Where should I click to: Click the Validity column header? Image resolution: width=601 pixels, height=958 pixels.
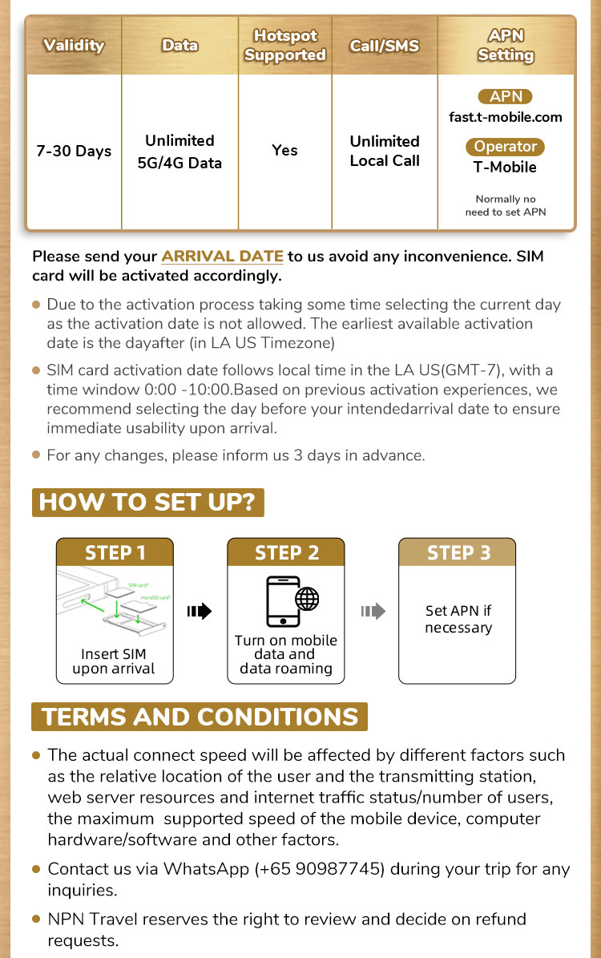pos(74,45)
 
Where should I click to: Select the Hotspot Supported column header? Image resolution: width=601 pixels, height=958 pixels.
pos(284,46)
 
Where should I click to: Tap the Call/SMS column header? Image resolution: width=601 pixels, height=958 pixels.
pos(385,46)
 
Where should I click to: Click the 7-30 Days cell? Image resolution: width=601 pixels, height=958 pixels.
pos(74,151)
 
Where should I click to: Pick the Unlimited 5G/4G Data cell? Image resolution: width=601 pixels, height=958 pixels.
pos(179,152)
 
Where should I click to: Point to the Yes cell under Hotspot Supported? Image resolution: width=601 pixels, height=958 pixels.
pos(284,151)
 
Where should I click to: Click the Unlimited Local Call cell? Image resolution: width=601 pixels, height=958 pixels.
pos(385,151)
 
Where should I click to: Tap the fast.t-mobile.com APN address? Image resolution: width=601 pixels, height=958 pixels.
pos(506,117)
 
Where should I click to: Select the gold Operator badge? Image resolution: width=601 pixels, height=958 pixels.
pos(505,147)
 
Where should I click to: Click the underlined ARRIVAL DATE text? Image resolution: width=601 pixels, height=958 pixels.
pos(222,257)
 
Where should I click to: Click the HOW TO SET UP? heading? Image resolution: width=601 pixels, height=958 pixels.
pos(147,503)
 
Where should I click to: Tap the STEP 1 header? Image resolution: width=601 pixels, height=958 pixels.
pos(115,552)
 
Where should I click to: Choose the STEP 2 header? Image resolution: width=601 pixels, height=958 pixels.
pos(286,552)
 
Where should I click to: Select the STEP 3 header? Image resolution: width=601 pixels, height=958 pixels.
pos(458,552)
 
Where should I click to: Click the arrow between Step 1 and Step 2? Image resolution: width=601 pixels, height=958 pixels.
pos(200,612)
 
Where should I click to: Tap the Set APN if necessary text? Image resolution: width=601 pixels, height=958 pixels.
pos(458,619)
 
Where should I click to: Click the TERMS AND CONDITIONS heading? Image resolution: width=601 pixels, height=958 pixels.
pos(200,717)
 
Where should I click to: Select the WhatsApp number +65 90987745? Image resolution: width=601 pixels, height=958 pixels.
pos(324,870)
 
